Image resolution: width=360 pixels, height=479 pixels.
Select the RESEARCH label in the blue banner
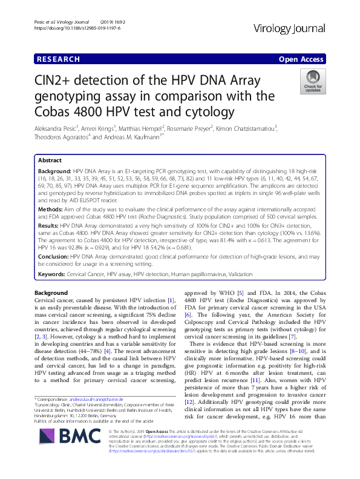pos(58,59)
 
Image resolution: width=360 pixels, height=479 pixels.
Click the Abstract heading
pos(50,160)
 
